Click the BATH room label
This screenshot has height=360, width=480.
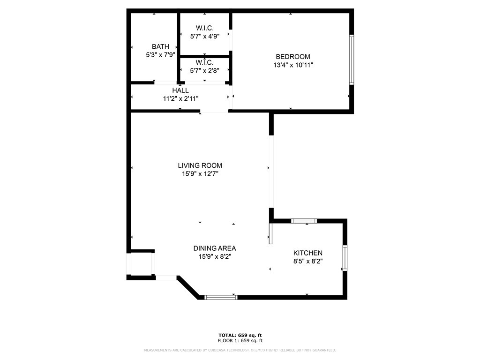[x=160, y=46]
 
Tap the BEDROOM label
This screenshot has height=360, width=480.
[x=293, y=57]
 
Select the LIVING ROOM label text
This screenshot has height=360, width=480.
[x=200, y=165]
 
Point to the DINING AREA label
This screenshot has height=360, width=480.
[x=215, y=248]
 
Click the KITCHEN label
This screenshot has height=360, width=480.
[x=307, y=253]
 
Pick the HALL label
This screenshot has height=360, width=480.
[x=180, y=90]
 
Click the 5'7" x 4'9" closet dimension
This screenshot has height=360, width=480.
[x=204, y=37]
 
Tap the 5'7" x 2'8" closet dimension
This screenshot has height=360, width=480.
[x=204, y=71]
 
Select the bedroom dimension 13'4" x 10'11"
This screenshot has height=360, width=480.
[x=293, y=65]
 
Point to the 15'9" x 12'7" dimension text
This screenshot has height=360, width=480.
[x=200, y=174]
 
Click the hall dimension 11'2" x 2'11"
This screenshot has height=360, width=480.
[x=180, y=98]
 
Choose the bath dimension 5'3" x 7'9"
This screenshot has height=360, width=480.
[x=160, y=55]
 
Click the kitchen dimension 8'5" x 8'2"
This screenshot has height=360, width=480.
[x=307, y=261]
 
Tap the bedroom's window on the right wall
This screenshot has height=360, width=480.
[x=352, y=60]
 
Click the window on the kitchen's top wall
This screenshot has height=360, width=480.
[x=304, y=221]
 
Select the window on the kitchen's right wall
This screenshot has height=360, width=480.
[x=345, y=258]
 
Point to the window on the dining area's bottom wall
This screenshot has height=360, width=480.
[x=221, y=297]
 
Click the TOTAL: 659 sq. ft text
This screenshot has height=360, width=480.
[x=240, y=335]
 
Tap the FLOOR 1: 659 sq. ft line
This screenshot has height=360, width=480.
[x=240, y=340]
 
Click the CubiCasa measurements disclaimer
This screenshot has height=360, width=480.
[x=240, y=350]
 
